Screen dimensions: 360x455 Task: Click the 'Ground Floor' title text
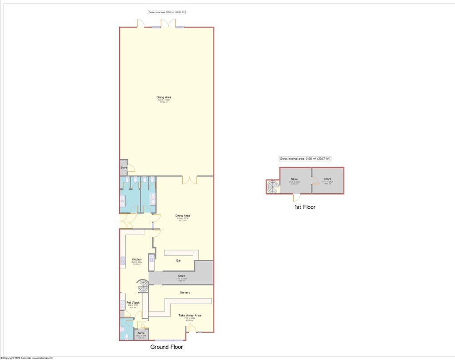[166, 347]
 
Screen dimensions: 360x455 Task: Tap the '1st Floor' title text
[305, 207]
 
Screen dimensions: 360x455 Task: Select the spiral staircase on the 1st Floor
[271, 188]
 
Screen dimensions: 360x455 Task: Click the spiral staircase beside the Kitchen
[143, 287]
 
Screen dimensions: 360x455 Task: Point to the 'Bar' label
[179, 260]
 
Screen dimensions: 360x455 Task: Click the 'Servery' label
[185, 292]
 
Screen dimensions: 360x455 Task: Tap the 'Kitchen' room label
[136, 259]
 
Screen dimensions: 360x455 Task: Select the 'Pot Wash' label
[133, 302]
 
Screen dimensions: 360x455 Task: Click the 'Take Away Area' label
[190, 315]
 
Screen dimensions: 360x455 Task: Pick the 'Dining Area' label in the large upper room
[164, 97]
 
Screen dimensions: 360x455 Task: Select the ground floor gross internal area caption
[166, 12]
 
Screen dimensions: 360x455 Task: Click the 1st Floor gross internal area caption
[305, 158]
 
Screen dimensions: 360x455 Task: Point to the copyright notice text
[27, 358]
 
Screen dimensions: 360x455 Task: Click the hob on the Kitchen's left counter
[122, 261]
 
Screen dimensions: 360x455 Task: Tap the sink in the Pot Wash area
[123, 304]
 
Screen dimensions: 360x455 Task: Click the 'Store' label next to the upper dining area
[124, 168]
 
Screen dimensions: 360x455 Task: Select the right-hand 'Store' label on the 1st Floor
[327, 179]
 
